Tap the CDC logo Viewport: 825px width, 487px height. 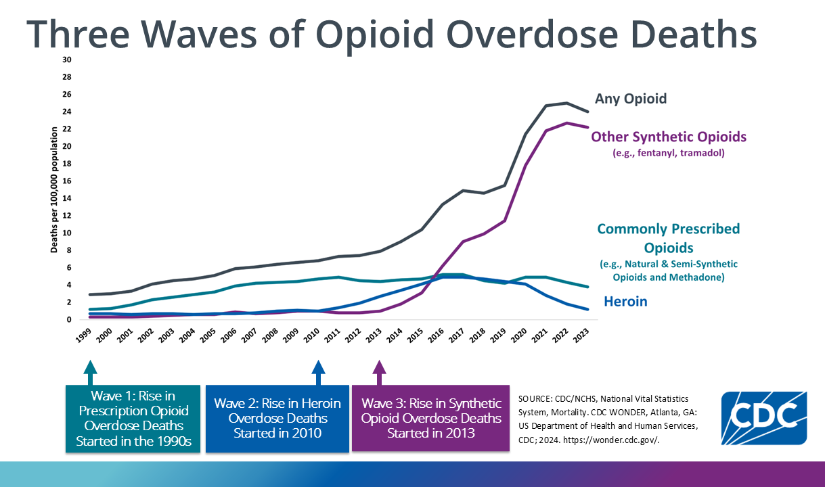(x=763, y=417)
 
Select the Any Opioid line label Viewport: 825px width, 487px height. (x=631, y=99)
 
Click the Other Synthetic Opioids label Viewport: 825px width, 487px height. (x=669, y=137)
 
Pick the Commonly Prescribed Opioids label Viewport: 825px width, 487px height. (x=669, y=238)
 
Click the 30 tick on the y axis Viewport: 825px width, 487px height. (x=66, y=60)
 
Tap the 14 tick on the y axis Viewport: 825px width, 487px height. (x=66, y=198)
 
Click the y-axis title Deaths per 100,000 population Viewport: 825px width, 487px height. (x=53, y=191)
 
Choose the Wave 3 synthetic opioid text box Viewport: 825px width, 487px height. (x=430, y=418)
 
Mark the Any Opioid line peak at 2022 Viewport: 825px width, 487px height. (x=566, y=103)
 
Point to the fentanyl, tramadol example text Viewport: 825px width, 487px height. (x=669, y=153)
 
